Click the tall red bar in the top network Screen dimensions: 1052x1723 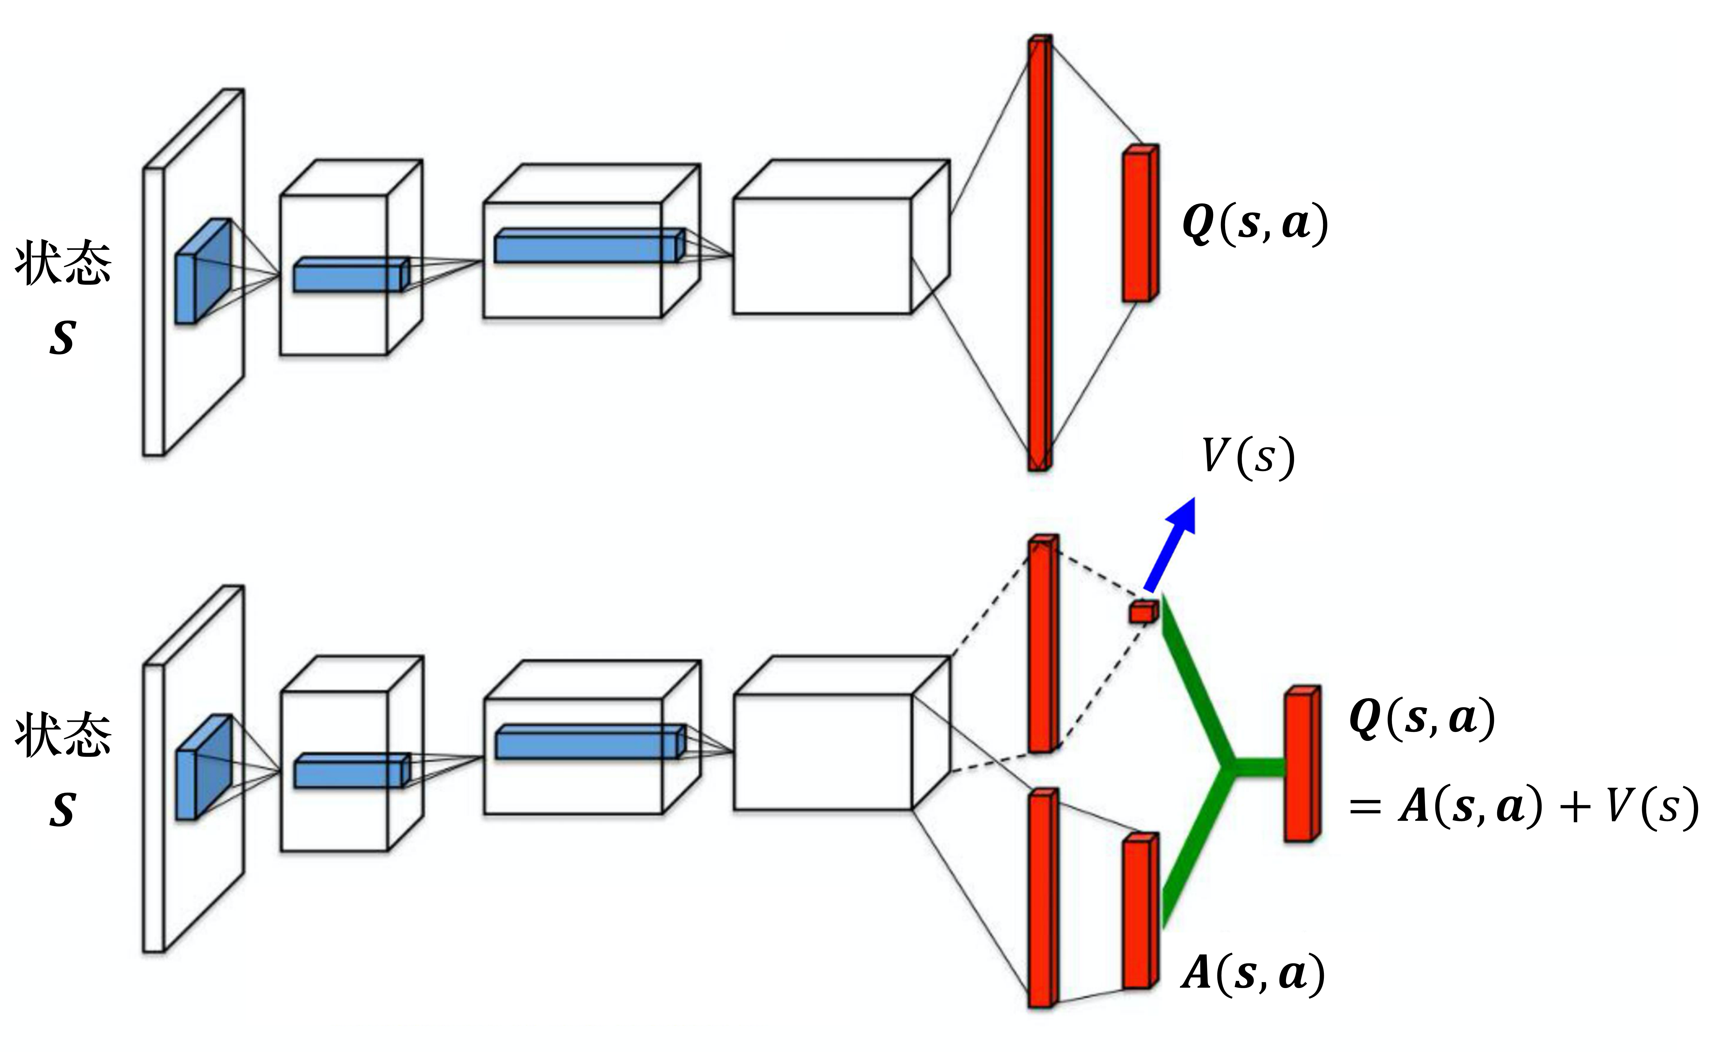1039,252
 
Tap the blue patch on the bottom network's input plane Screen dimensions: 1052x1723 203,767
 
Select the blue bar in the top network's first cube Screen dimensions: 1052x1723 350,275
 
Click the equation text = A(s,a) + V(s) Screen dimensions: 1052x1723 1524,807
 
